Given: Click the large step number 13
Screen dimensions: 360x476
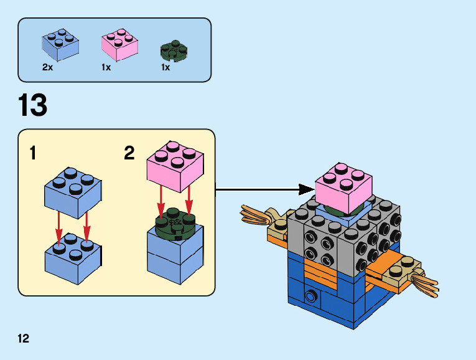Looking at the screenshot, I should tap(33, 105).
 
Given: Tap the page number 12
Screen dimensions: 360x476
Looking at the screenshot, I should tap(24, 339).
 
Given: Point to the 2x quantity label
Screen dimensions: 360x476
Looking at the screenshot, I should tap(48, 67).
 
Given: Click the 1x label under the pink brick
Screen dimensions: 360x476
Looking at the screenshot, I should tap(106, 67).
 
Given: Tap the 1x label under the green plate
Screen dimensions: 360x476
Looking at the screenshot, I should tap(166, 67).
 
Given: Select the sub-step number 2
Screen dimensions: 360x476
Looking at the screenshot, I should tap(129, 153).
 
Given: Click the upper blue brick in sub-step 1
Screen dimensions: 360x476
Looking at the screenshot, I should tap(73, 193).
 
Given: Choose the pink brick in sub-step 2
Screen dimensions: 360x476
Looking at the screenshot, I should tap(175, 167).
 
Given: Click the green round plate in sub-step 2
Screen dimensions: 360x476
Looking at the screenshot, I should tap(175, 225).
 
